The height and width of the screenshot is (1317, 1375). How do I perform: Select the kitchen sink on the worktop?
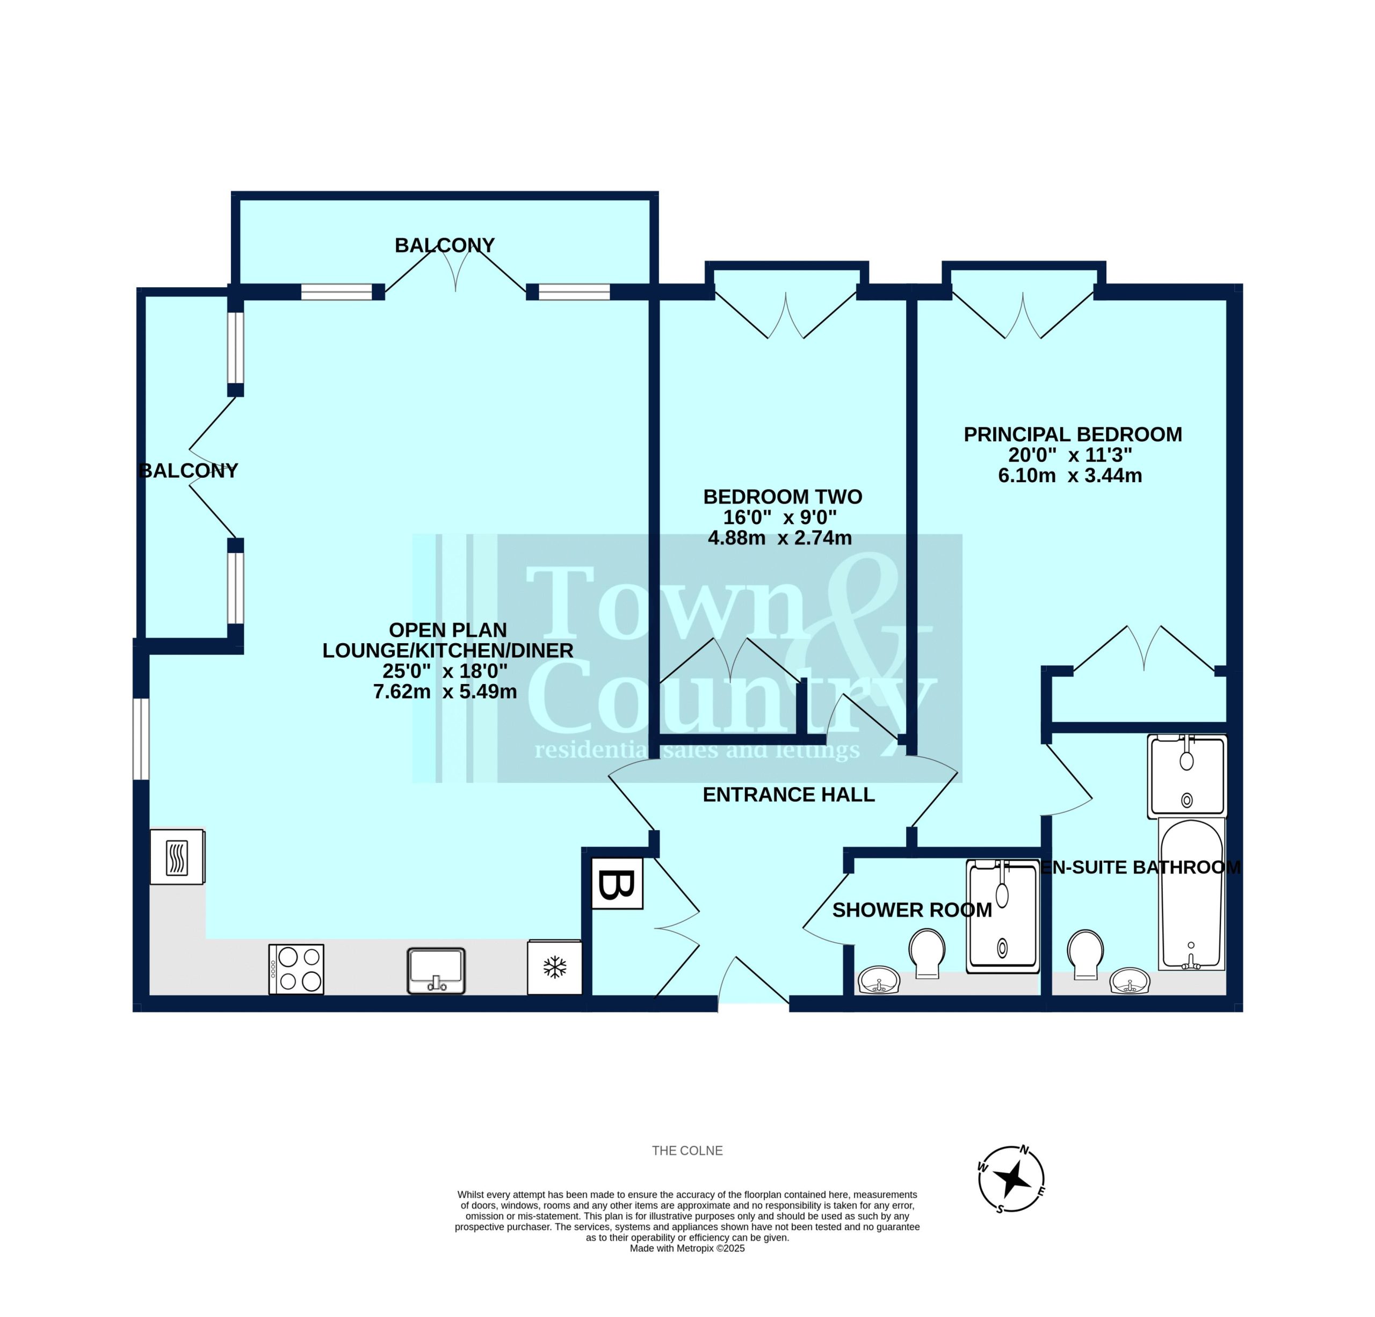(x=436, y=971)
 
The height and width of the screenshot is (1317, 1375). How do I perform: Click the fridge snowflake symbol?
(x=555, y=968)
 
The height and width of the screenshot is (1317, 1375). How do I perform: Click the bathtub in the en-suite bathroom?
(x=1192, y=893)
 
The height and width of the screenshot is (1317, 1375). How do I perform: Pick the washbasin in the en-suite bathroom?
(x=1130, y=980)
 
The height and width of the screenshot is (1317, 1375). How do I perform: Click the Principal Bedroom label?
(x=1073, y=435)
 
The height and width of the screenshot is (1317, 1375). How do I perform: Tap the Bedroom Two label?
(x=783, y=497)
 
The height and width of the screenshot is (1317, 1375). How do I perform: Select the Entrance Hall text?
(x=788, y=795)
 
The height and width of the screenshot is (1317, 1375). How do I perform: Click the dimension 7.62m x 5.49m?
(x=445, y=692)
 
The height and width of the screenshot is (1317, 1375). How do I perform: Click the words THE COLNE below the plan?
(x=687, y=1151)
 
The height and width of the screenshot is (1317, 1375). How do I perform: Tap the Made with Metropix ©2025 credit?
(x=687, y=1248)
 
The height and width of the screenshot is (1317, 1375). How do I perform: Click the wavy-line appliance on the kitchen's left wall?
(x=177, y=857)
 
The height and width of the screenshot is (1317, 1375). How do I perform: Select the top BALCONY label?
(x=445, y=245)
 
